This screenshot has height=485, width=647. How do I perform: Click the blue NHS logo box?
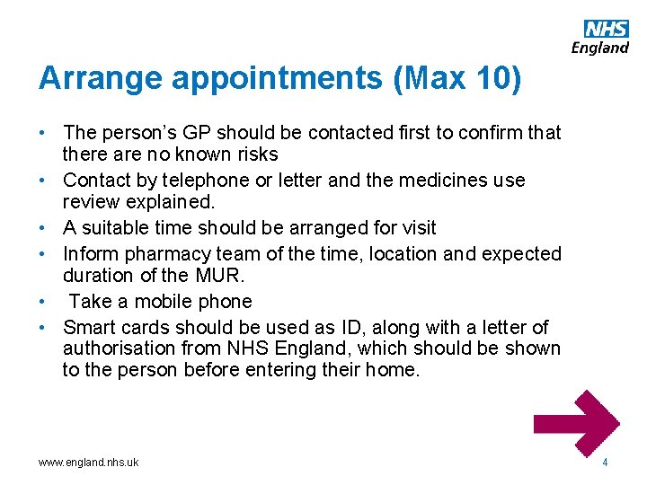pyautogui.click(x=607, y=29)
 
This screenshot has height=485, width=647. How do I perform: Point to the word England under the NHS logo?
pyautogui.click(x=599, y=48)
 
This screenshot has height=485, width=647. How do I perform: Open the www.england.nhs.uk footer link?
pyautogui.click(x=88, y=463)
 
